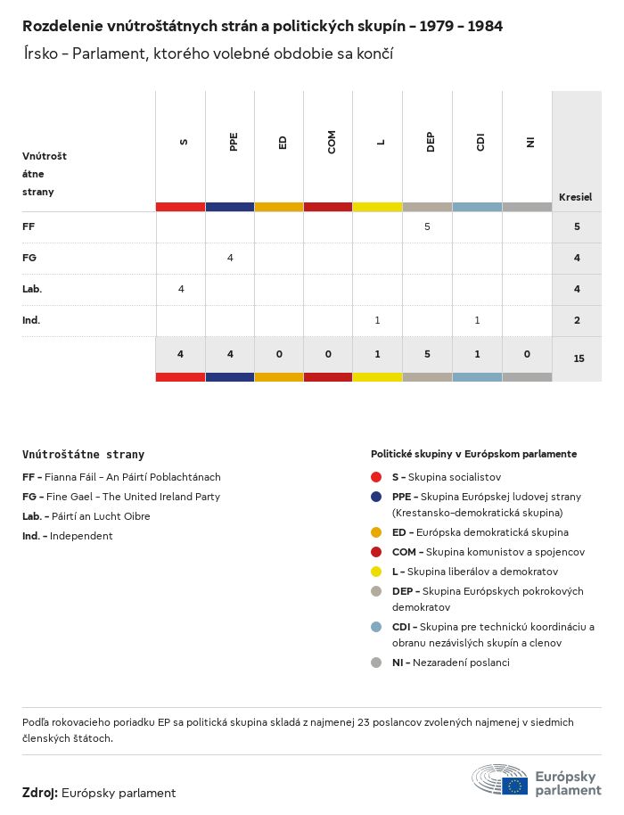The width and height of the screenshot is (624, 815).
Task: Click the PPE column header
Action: point(233,143)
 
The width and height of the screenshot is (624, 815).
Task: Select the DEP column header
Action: point(430,143)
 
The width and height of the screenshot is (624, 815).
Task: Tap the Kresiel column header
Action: point(575,197)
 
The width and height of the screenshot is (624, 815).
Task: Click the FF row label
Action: point(29,226)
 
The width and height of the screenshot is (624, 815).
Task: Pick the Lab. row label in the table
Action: point(32,289)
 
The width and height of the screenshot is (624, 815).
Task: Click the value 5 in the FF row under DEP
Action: point(427,226)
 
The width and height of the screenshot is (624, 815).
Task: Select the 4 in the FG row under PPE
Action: point(230,258)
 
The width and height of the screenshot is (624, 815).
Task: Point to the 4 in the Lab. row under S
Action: point(181,289)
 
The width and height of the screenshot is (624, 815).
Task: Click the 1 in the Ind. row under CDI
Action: point(477,320)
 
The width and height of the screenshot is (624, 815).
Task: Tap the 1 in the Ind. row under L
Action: point(378,320)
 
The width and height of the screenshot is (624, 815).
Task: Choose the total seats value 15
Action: point(579,358)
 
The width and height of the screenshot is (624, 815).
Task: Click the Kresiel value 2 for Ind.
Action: point(578,320)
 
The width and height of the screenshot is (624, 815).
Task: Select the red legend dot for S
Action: point(377,477)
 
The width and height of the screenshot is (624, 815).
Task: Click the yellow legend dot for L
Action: point(377,572)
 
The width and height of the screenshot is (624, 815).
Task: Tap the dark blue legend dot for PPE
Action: point(377,497)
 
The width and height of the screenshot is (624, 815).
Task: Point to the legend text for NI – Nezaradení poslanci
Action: point(450,663)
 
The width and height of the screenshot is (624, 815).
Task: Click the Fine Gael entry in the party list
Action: point(121,497)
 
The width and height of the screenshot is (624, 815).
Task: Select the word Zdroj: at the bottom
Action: point(40,793)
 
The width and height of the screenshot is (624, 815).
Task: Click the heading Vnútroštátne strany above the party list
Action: point(83,455)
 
